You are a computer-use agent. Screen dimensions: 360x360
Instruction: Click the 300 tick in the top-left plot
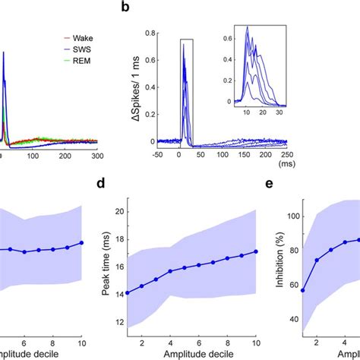point(97,154)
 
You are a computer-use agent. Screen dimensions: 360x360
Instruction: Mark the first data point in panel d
point(157,292)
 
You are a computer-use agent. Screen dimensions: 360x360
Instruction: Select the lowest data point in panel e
point(305,290)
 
